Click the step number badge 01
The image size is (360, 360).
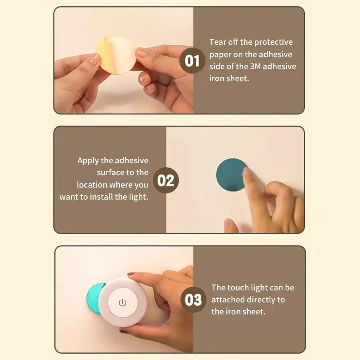click(x=192, y=61)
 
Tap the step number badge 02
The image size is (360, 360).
click(x=166, y=180)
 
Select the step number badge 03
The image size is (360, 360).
click(x=194, y=300)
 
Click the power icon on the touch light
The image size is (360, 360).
click(x=122, y=302)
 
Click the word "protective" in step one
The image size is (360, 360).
click(x=274, y=42)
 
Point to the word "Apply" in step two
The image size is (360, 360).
click(x=88, y=160)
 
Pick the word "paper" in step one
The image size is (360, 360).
click(x=220, y=54)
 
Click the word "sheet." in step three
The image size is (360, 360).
click(x=254, y=312)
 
